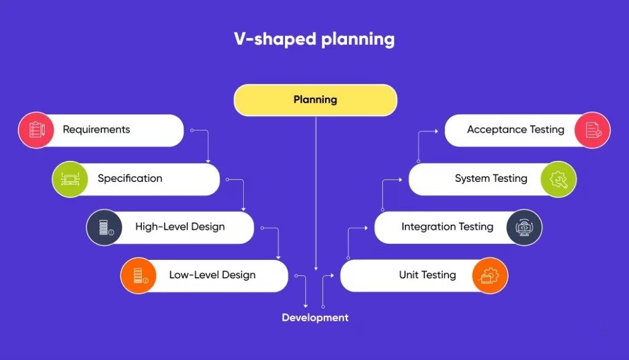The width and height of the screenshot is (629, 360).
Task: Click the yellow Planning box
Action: (x=315, y=100)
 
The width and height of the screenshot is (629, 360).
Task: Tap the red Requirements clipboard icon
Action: (x=36, y=130)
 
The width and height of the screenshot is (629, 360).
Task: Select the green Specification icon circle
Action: (x=70, y=179)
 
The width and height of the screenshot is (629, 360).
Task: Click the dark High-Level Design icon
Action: (x=104, y=227)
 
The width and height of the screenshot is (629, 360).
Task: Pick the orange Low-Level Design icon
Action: (x=138, y=275)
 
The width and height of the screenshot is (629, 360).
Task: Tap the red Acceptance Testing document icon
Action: (x=593, y=130)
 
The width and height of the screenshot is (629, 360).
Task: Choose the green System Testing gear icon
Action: (x=558, y=179)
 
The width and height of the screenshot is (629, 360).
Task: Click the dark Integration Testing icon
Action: (x=525, y=227)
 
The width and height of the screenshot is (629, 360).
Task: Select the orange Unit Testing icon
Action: (x=490, y=275)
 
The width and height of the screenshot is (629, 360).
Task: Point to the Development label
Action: (x=315, y=318)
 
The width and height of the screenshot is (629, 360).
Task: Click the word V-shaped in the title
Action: (x=275, y=39)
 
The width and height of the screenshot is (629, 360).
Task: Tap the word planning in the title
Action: (x=358, y=39)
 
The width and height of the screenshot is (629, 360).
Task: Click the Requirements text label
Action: (x=96, y=129)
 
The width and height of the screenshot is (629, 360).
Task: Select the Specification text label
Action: (x=130, y=178)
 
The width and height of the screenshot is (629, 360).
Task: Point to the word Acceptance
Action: (x=496, y=129)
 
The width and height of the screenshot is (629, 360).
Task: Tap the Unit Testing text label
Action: (x=428, y=275)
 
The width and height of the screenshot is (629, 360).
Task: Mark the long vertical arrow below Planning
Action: (x=316, y=194)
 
